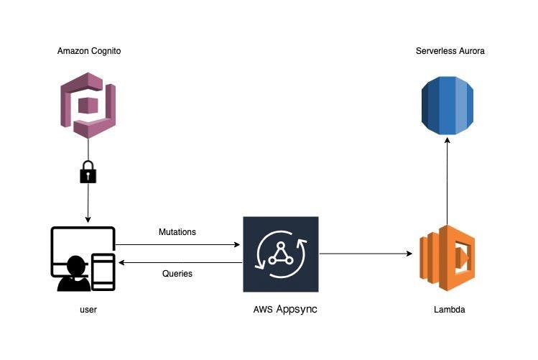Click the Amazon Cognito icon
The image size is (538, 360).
click(x=88, y=104)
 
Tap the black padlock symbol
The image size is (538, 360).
click(x=88, y=172)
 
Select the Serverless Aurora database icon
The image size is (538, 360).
click(x=447, y=106)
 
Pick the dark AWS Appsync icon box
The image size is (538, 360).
click(x=280, y=254)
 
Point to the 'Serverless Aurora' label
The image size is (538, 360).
click(x=450, y=51)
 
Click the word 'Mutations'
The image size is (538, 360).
click(x=177, y=232)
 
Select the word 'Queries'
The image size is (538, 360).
click(x=177, y=274)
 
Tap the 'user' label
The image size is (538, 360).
click(x=88, y=310)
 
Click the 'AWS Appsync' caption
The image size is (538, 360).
click(x=285, y=310)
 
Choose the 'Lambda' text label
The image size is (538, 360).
click(x=448, y=310)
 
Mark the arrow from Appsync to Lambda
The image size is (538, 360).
click(x=366, y=254)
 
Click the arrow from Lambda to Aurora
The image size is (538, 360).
click(x=447, y=180)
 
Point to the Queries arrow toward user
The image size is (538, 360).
click(x=180, y=263)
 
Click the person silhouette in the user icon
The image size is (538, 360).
click(x=73, y=275)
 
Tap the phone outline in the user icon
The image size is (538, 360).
click(x=103, y=272)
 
